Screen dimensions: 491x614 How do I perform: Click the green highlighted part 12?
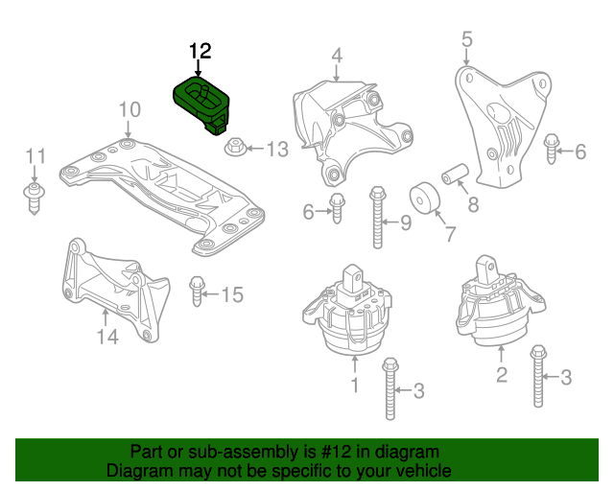click(x=202, y=102)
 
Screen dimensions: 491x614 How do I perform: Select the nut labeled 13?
click(x=235, y=149)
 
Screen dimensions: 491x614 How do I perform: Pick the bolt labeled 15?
click(x=199, y=290)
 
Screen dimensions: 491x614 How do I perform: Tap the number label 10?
click(x=130, y=111)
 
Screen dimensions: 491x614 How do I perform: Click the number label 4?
click(x=338, y=57)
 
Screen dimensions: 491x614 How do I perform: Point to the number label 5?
click(x=467, y=39)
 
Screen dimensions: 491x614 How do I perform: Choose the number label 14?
click(x=107, y=337)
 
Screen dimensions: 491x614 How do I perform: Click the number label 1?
click(x=354, y=386)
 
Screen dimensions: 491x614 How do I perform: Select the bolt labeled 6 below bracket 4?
click(x=337, y=207)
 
